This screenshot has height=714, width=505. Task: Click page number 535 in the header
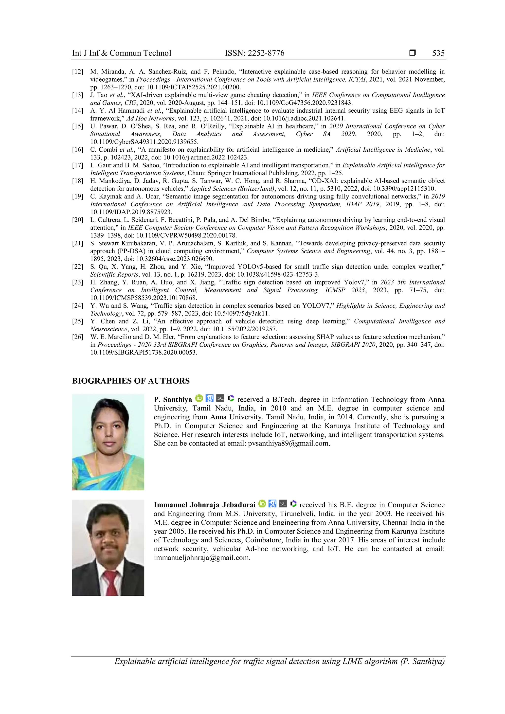(x=438, y=53)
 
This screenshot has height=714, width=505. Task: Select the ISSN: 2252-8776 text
(x=254, y=53)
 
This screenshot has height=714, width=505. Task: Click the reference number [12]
(x=78, y=72)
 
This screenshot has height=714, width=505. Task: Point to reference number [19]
(x=78, y=196)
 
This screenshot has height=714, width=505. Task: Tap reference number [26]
(x=78, y=337)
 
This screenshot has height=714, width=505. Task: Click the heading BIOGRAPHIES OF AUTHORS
(x=131, y=381)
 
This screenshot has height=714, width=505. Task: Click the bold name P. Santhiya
(x=173, y=400)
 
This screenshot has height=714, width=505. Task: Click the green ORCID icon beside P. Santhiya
(x=199, y=398)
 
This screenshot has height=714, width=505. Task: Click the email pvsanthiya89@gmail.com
(x=289, y=444)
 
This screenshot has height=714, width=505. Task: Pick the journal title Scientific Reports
(x=114, y=275)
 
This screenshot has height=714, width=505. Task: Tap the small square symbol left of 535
(x=412, y=53)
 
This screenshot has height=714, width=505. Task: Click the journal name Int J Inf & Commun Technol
(x=122, y=53)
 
